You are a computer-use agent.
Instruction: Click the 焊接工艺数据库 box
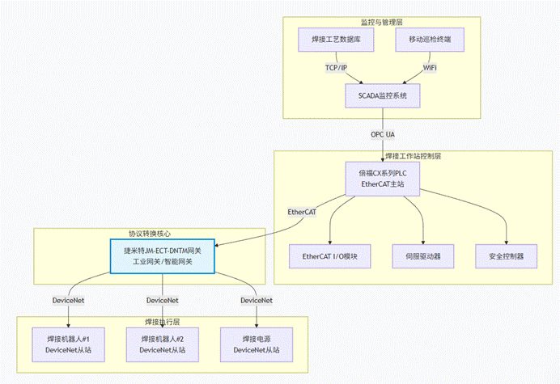(x=337, y=39)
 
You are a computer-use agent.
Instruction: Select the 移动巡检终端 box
(x=430, y=39)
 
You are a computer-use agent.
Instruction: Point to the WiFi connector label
(x=430, y=68)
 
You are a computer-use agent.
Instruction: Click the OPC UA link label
(x=383, y=133)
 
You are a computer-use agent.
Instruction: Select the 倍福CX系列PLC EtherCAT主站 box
(x=383, y=179)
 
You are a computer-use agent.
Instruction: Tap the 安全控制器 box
(x=507, y=256)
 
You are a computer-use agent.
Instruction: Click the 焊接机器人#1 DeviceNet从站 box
(x=68, y=344)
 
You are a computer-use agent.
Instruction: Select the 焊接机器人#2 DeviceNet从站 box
(x=162, y=344)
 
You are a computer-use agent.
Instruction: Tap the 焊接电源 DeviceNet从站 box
(x=256, y=344)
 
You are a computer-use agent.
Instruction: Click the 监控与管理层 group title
(x=382, y=21)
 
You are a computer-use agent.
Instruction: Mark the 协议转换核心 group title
(x=150, y=232)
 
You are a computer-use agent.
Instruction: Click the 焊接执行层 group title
(x=162, y=322)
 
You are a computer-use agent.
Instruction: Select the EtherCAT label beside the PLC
(x=302, y=212)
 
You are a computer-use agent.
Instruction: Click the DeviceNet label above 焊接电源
(x=256, y=300)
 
